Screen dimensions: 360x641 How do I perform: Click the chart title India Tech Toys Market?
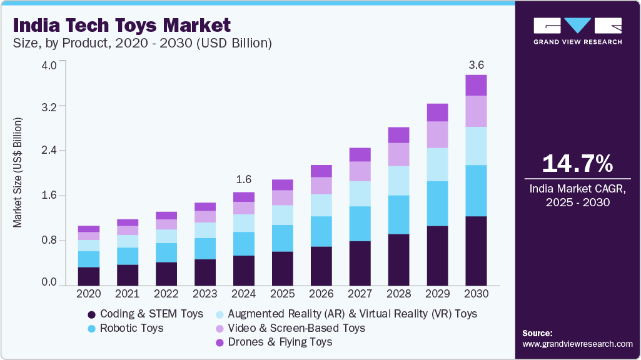pyautogui.click(x=122, y=26)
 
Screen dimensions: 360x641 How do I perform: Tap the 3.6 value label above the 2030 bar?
pyautogui.click(x=477, y=64)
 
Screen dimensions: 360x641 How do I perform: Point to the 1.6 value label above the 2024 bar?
pyautogui.click(x=244, y=180)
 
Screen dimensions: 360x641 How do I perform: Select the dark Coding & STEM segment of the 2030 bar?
pyautogui.click(x=476, y=250)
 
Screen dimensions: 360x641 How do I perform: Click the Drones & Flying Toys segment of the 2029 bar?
pyautogui.click(x=437, y=112)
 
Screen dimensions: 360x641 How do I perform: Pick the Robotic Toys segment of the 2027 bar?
pyautogui.click(x=360, y=223)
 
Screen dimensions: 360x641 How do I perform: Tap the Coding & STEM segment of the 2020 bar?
pyautogui.click(x=89, y=276)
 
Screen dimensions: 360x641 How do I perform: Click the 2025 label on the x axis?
pyautogui.click(x=282, y=292)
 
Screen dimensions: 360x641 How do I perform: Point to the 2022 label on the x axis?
pyautogui.click(x=166, y=292)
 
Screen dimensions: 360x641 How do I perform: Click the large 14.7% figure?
pyautogui.click(x=577, y=164)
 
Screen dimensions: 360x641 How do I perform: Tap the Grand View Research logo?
pyautogui.click(x=577, y=30)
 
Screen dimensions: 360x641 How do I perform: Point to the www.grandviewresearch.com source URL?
pyautogui.click(x=577, y=344)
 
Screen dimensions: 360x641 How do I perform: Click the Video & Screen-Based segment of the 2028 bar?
pyautogui.click(x=398, y=154)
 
